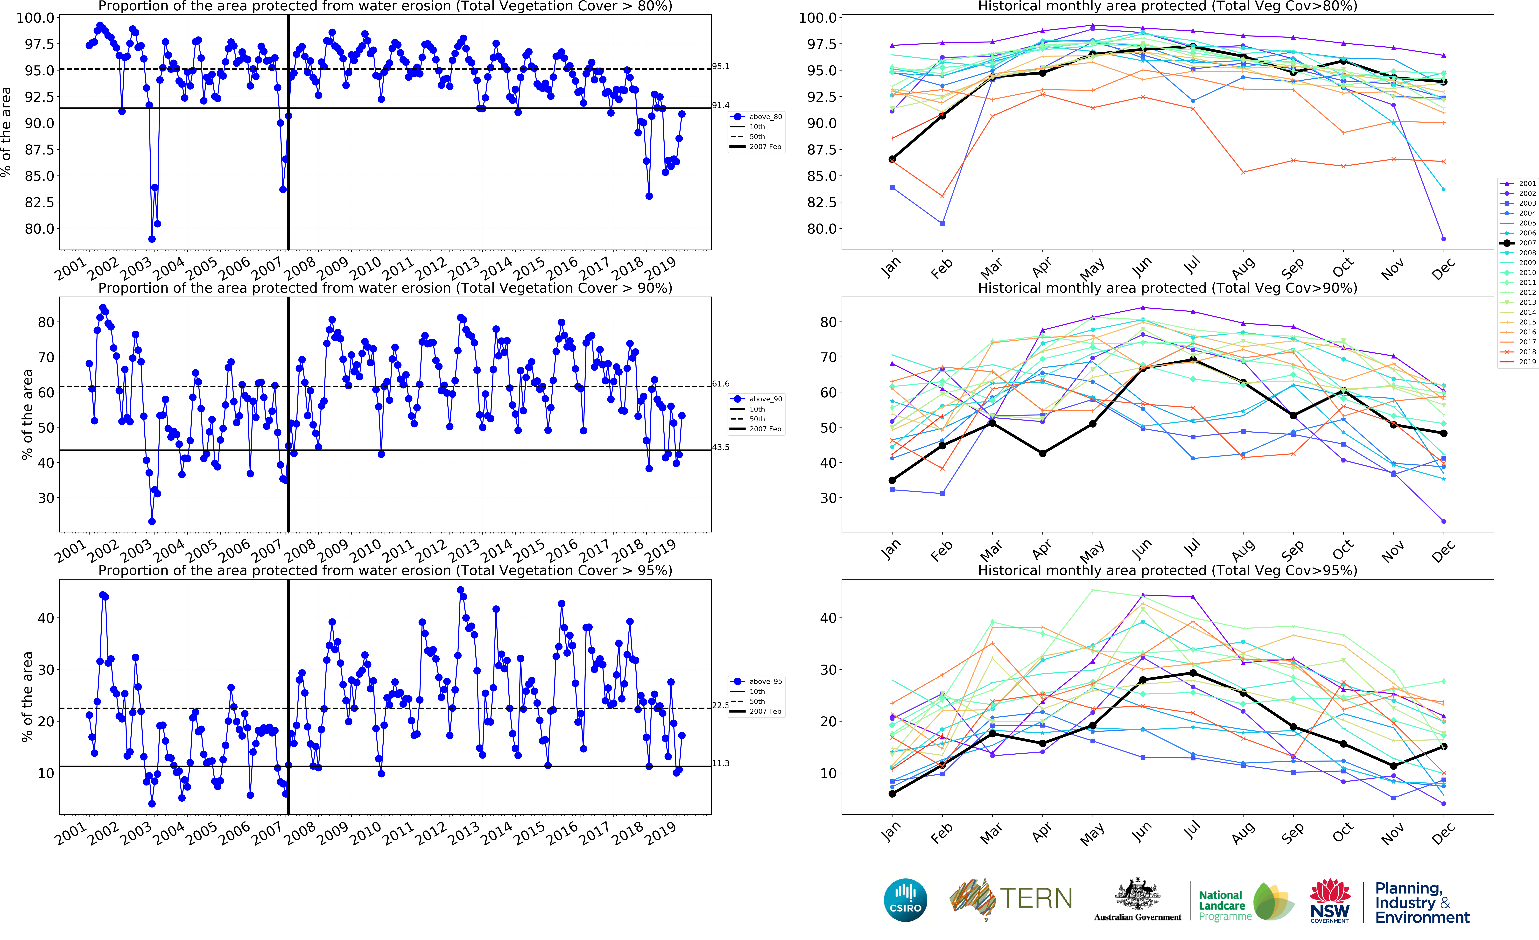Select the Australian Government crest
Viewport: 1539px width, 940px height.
(1137, 894)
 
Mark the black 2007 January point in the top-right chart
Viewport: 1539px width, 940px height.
(892, 159)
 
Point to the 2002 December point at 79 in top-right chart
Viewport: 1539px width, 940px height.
(1443, 239)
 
